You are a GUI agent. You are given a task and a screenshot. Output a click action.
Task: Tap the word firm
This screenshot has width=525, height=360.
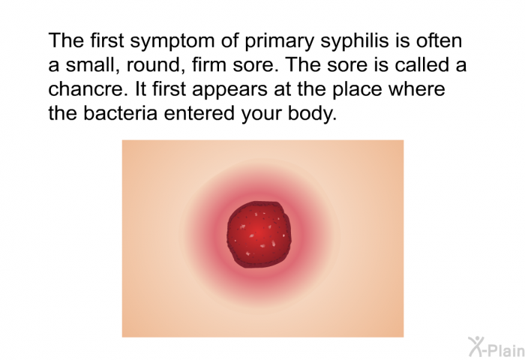tap(209, 64)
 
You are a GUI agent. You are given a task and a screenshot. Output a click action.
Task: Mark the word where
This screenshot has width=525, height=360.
tap(417, 88)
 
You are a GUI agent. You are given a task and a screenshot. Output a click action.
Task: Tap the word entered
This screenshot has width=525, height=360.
tap(199, 112)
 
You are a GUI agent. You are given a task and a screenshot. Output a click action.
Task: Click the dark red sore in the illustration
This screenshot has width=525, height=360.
tap(259, 235)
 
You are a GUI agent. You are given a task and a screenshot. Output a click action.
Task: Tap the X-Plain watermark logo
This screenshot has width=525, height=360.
tap(496, 346)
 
